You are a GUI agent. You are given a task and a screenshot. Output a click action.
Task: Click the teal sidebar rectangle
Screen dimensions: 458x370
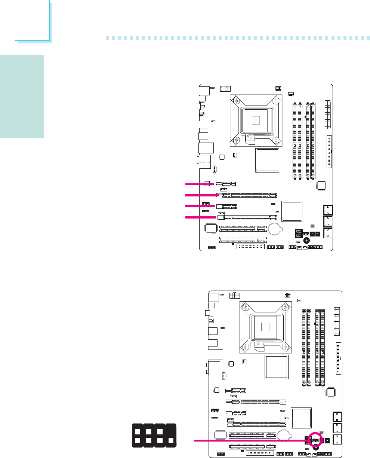click(22, 97)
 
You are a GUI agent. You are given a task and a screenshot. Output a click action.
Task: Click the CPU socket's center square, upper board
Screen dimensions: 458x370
click(256, 120)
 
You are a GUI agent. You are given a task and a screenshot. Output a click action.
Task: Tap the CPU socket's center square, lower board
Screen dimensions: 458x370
click(265, 326)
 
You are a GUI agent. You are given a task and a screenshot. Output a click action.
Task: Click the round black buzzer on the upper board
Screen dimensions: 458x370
click(307, 241)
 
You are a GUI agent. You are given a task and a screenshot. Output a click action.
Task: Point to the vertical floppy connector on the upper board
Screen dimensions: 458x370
click(329, 152)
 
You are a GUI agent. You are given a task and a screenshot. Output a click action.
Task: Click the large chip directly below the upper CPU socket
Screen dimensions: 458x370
click(267, 160)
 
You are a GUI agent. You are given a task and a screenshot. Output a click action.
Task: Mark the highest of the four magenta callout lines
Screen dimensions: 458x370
click(200, 184)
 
